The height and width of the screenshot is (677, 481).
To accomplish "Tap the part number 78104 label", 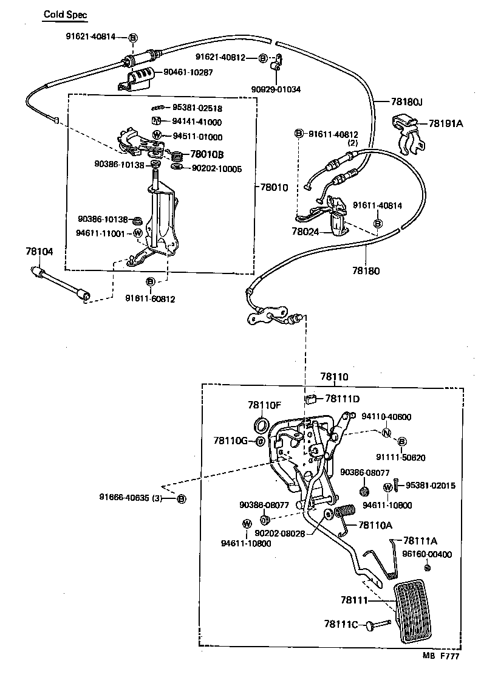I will click(39, 251).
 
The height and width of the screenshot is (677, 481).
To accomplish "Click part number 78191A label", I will click(446, 123).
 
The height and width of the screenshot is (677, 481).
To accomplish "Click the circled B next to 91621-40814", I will click(132, 36).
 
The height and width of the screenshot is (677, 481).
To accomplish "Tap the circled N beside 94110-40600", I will click(386, 433).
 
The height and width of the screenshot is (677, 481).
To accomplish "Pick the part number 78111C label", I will click(341, 624).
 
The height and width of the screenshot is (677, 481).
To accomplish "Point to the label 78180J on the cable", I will click(406, 103).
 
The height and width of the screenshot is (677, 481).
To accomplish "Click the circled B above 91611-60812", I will click(151, 281).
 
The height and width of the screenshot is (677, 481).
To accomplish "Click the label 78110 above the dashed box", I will click(334, 377).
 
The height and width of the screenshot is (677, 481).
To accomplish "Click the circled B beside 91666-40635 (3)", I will click(180, 498).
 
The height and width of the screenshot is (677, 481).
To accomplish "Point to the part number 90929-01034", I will click(276, 89).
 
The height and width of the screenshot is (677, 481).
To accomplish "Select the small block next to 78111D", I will click(310, 399).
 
